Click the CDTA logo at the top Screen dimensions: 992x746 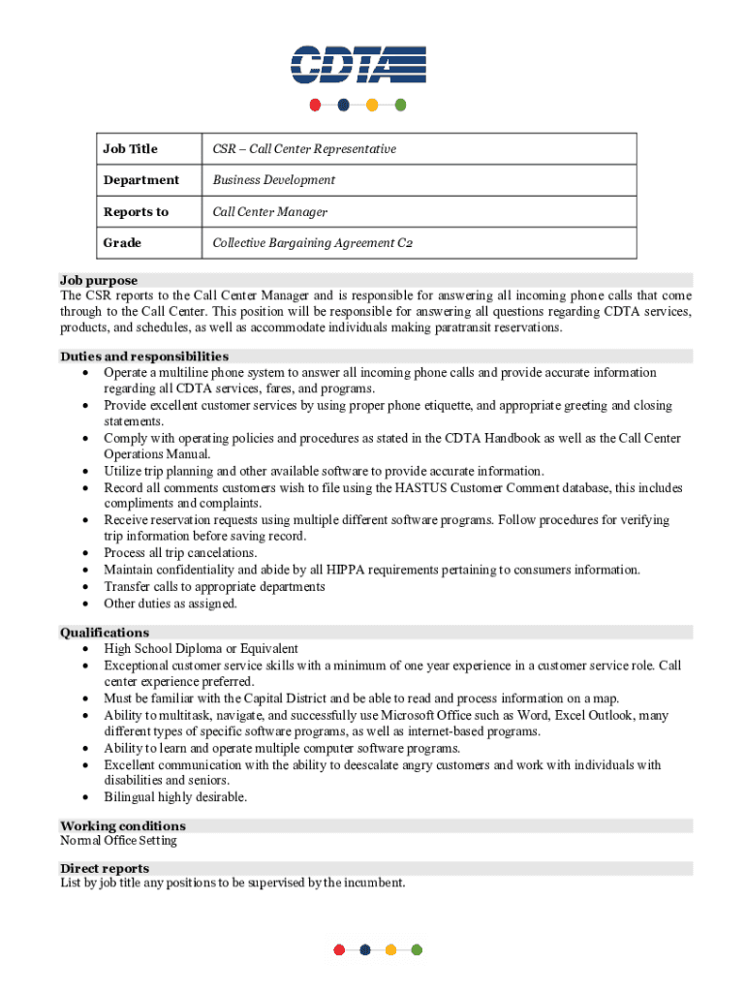(357, 65)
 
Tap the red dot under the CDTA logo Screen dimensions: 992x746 (315, 105)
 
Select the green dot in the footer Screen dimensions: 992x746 (417, 950)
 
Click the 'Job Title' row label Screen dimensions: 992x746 (130, 149)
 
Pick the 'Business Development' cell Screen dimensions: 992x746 (273, 180)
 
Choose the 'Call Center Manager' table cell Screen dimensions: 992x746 (269, 212)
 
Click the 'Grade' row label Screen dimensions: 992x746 (122, 243)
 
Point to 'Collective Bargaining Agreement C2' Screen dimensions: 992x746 (312, 243)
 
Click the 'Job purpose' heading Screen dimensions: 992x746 (99, 280)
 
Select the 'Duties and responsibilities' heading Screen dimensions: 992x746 (144, 356)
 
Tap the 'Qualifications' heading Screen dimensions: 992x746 (105, 633)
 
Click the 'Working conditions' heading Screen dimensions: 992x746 (123, 826)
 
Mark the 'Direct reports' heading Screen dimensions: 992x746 (105, 869)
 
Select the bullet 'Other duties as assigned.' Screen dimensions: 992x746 (171, 604)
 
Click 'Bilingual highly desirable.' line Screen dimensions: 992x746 (175, 797)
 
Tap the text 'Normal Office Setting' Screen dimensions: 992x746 (118, 841)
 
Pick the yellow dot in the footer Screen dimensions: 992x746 (390, 950)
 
